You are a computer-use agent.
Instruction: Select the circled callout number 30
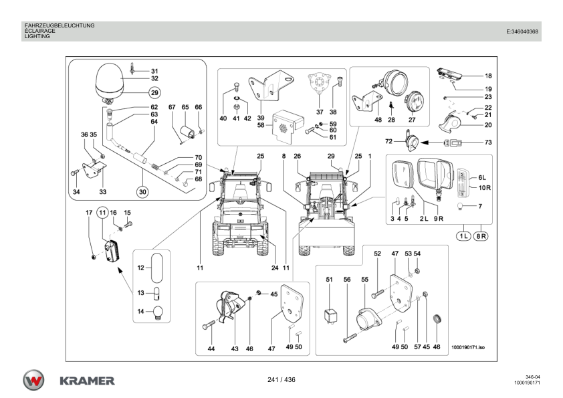click(x=142, y=192)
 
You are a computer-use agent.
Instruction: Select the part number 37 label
click(x=320, y=112)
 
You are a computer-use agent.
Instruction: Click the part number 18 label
click(x=488, y=76)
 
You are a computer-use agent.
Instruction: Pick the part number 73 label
click(x=488, y=142)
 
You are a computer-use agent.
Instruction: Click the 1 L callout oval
click(x=463, y=235)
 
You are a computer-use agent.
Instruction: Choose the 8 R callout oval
click(x=481, y=235)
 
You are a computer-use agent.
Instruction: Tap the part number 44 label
click(x=211, y=349)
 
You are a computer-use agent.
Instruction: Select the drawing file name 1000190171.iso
click(x=468, y=347)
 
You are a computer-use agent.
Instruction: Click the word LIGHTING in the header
click(x=37, y=37)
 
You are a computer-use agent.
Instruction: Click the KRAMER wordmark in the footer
click(x=87, y=381)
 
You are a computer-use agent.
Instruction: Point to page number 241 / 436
click(x=281, y=380)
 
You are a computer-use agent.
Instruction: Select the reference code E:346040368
click(x=522, y=31)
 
